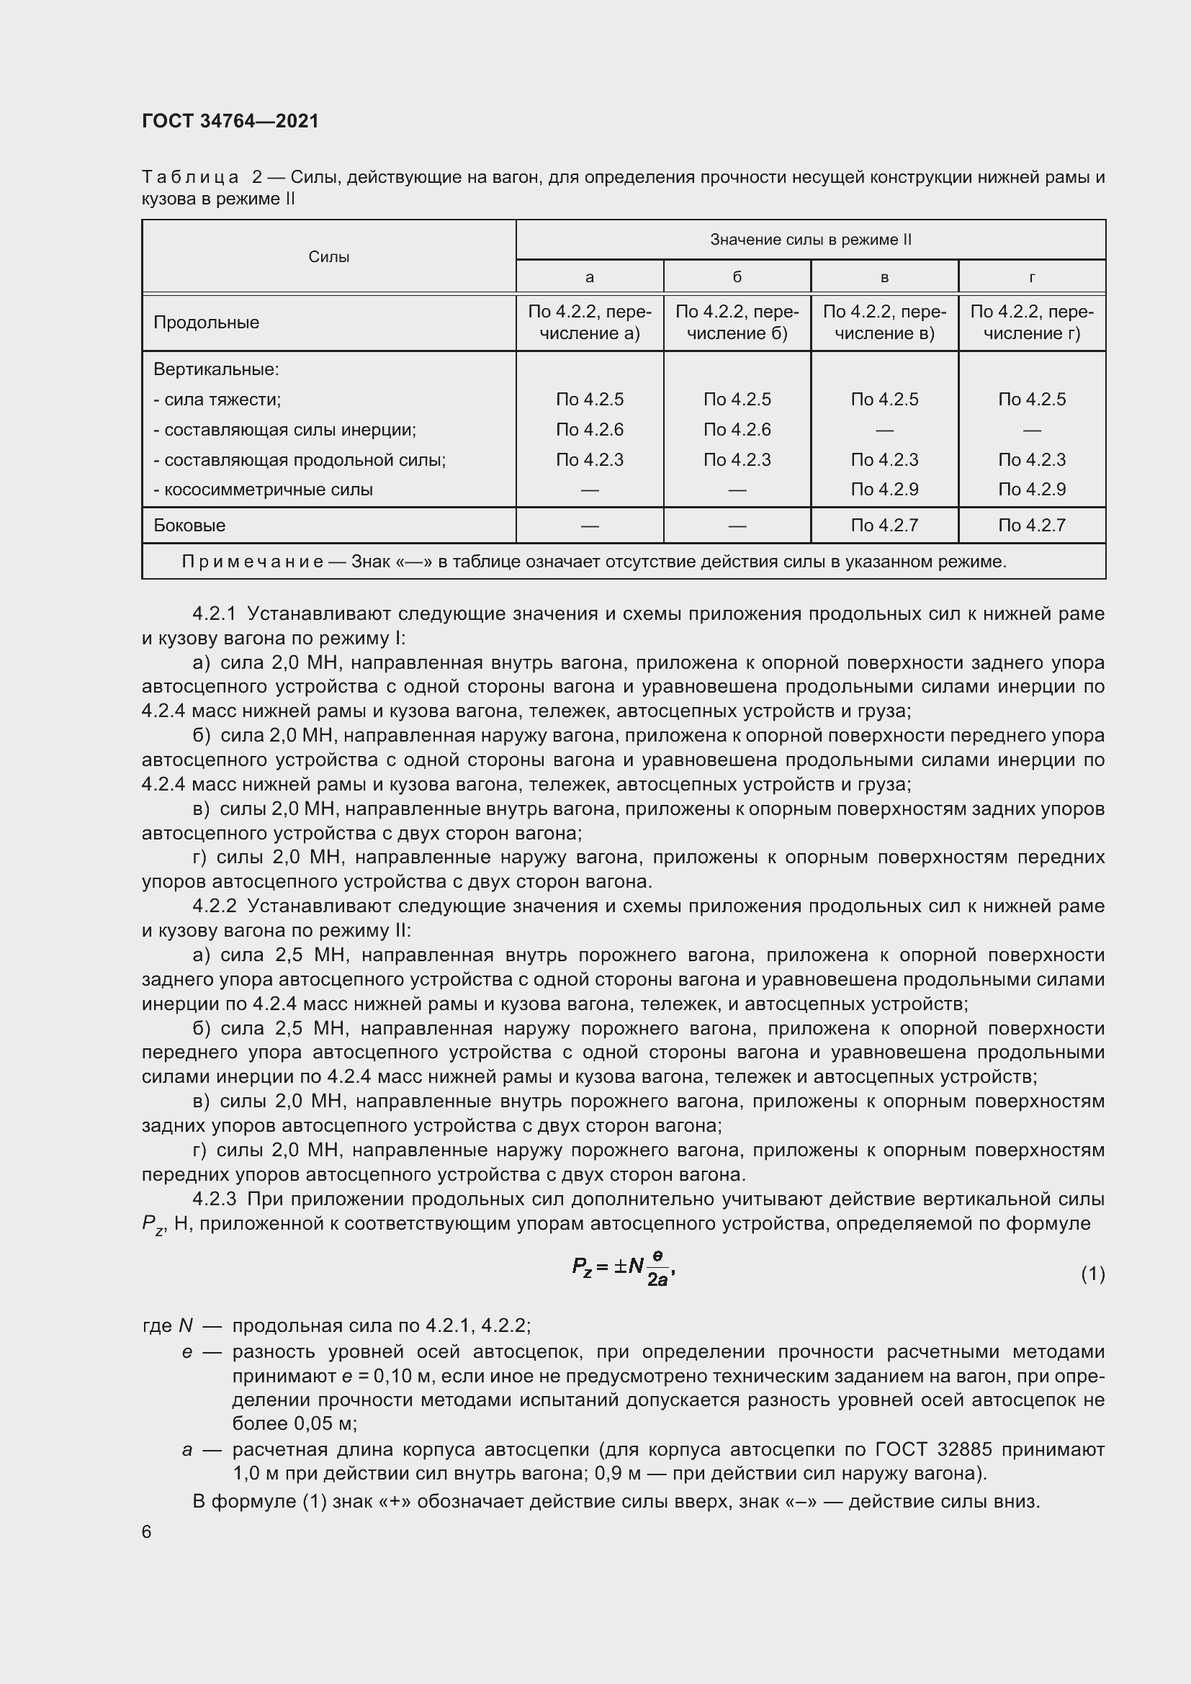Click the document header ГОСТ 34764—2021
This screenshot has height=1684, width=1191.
[230, 121]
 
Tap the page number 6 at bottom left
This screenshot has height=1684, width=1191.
[147, 1532]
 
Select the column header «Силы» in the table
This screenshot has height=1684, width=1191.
[328, 257]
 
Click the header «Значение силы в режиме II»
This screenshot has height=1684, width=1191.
[810, 240]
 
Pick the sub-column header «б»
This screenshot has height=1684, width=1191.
[737, 277]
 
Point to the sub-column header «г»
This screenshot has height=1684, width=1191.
[1032, 277]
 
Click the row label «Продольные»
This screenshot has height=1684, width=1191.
[206, 323]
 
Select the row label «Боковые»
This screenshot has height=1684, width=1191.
[189, 525]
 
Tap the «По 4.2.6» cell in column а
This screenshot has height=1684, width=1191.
[590, 430]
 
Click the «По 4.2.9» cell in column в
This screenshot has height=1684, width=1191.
[884, 489]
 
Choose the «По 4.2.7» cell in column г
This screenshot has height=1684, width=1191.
[1032, 525]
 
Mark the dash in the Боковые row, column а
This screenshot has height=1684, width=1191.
[590, 526]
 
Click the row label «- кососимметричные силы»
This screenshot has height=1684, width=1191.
[263, 489]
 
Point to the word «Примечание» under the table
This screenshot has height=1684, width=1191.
[252, 562]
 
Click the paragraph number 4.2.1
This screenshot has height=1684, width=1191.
[214, 613]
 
